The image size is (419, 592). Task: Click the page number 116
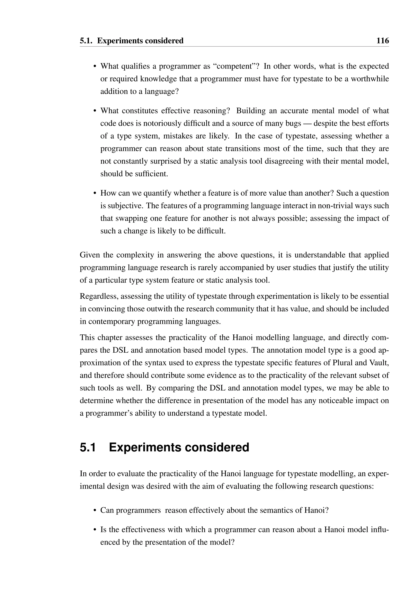382,41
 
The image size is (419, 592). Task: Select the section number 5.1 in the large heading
88,447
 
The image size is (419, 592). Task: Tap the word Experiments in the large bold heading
145,447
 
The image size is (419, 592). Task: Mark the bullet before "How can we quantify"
95,193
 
